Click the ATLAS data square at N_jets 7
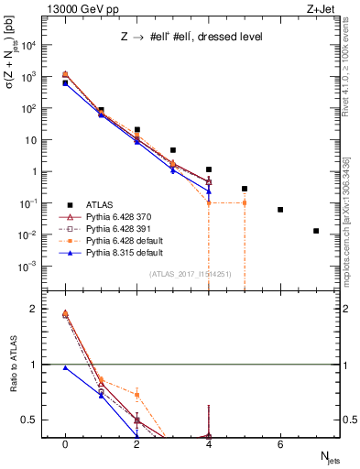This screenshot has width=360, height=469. click(x=316, y=231)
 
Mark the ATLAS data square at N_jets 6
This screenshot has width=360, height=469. click(x=280, y=210)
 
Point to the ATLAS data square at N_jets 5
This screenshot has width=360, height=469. click(x=245, y=189)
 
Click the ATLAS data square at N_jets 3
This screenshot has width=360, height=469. click(x=172, y=149)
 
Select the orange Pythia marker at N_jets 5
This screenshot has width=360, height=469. click(x=245, y=202)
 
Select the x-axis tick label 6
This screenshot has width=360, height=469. click(x=280, y=443)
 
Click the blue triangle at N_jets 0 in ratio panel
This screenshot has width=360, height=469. click(x=64, y=367)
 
